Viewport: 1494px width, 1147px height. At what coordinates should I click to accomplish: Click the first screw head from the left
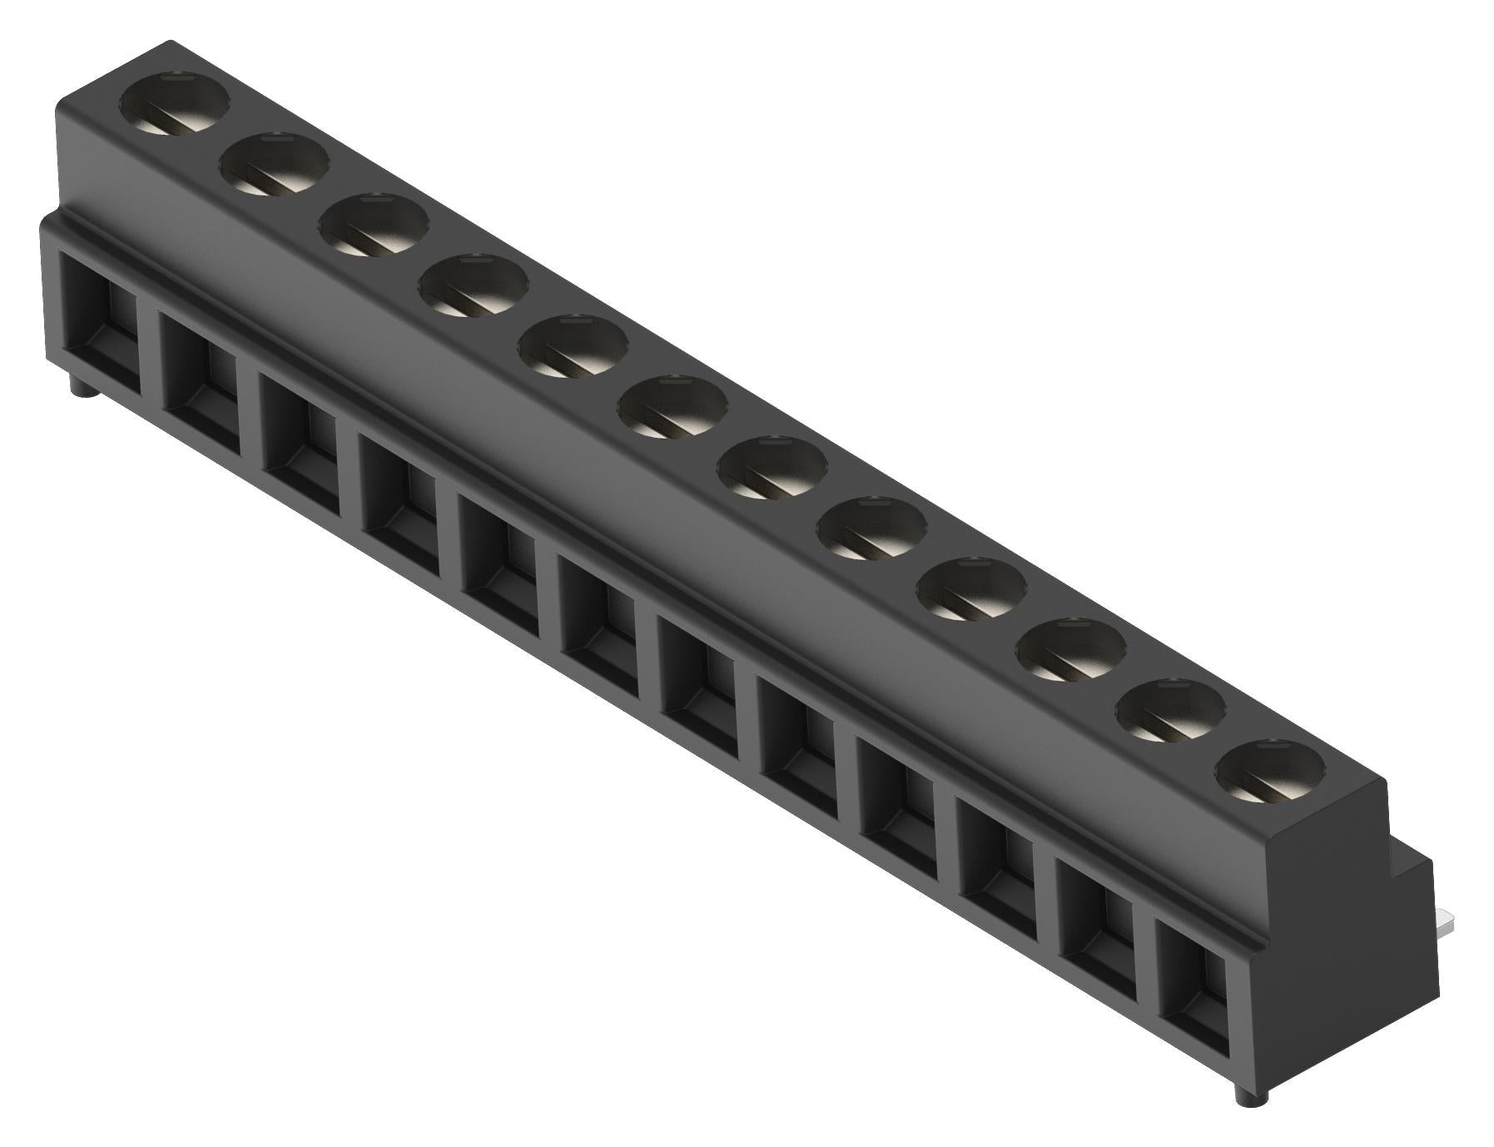pyautogui.click(x=175, y=106)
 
